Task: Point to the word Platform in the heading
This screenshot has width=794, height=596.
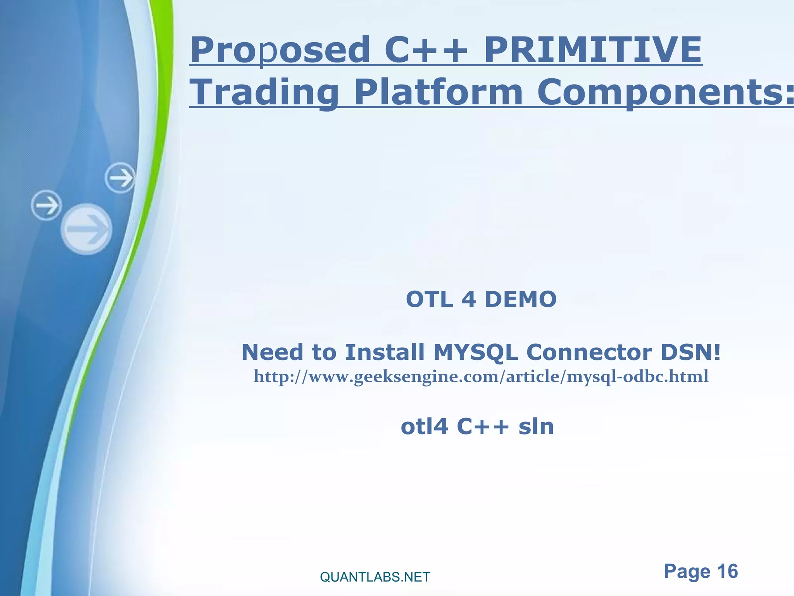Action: [438, 92]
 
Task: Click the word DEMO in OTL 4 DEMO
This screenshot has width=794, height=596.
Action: [521, 300]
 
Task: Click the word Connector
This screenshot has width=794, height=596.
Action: [589, 352]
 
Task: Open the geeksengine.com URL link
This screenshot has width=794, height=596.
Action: [481, 376]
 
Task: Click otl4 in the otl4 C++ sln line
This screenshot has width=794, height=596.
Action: [424, 427]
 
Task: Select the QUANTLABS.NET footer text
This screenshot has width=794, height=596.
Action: [375, 577]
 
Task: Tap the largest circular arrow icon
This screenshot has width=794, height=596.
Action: [87, 229]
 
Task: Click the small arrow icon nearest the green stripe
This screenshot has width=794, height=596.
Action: [120, 178]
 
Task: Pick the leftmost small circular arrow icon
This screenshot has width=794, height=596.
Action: [46, 205]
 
